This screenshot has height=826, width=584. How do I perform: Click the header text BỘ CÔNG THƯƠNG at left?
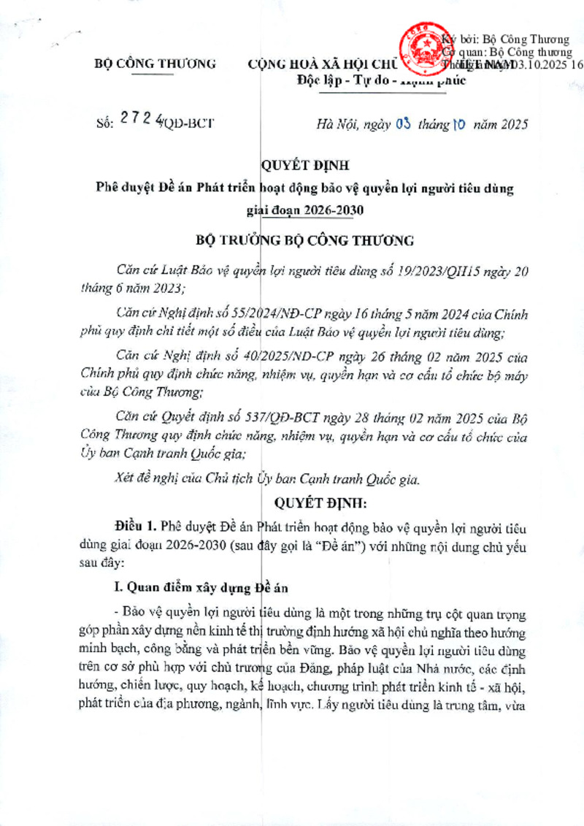tap(156, 64)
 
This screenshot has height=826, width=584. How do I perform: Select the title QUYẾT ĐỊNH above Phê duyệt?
tap(293, 167)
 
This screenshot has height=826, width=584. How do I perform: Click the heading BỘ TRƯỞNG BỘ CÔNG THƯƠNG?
tap(306, 240)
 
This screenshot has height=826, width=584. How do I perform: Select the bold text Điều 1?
tap(135, 526)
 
